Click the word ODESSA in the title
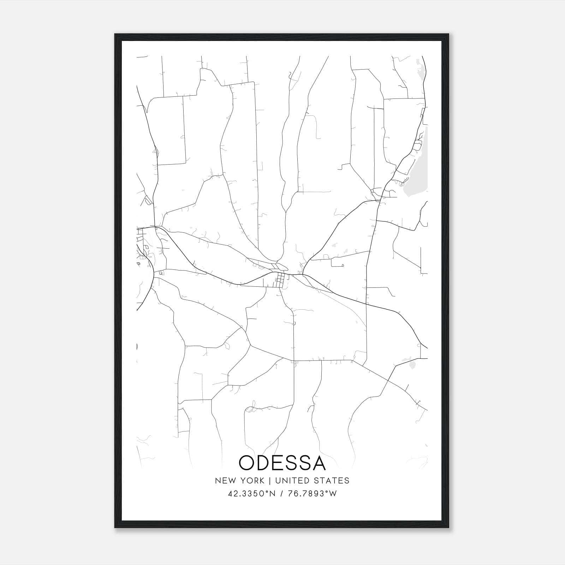click(282, 463)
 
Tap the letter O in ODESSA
click(247, 463)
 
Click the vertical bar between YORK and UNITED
click(269, 481)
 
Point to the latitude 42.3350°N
click(251, 494)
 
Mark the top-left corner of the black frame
click(115, 34)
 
